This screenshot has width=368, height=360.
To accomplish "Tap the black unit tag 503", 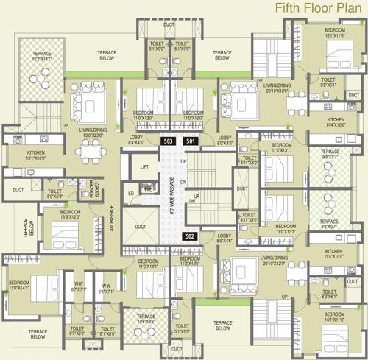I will [168, 141].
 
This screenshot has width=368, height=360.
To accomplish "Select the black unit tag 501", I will [191, 141].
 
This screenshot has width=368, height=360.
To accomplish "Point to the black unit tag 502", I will [191, 236].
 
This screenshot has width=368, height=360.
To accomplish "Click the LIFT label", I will [144, 168].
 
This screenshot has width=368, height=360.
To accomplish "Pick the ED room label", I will [132, 194].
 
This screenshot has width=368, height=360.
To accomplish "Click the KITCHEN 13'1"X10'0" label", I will [21, 155].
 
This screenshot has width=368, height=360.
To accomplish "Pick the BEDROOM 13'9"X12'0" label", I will [56, 216].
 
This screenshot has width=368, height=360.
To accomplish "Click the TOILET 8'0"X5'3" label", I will [54, 193].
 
